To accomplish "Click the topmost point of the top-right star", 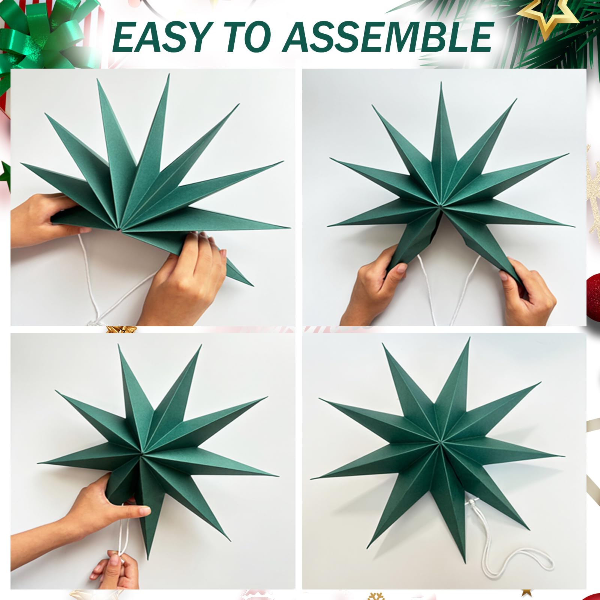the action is click(441, 82).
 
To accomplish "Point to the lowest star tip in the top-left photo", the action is click(252, 286).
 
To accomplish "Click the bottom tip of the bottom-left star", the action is click(149, 559).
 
